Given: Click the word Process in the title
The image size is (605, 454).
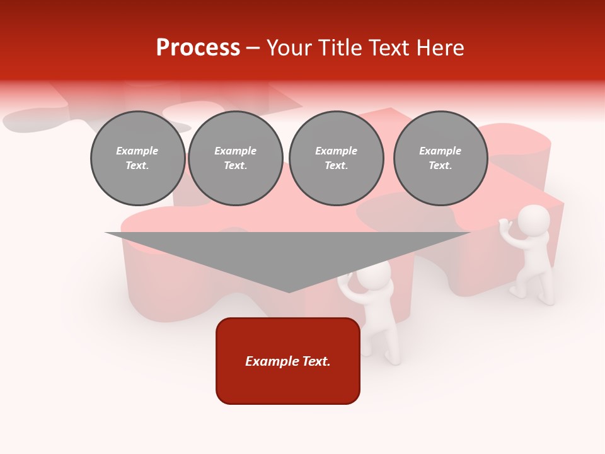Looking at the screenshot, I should click(198, 48).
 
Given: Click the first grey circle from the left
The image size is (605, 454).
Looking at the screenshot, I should click(137, 158).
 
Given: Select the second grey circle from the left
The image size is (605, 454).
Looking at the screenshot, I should click(235, 158).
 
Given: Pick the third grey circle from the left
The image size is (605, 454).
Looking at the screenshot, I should click(336, 158).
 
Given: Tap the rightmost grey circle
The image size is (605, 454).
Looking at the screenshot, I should click(440, 158).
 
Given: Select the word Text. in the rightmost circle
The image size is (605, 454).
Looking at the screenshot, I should click(440, 166).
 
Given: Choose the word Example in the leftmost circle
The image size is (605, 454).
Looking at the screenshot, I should click(137, 151).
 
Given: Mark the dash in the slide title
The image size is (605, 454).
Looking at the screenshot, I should click(253, 48).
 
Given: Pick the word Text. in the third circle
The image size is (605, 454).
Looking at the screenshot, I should click(336, 166).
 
